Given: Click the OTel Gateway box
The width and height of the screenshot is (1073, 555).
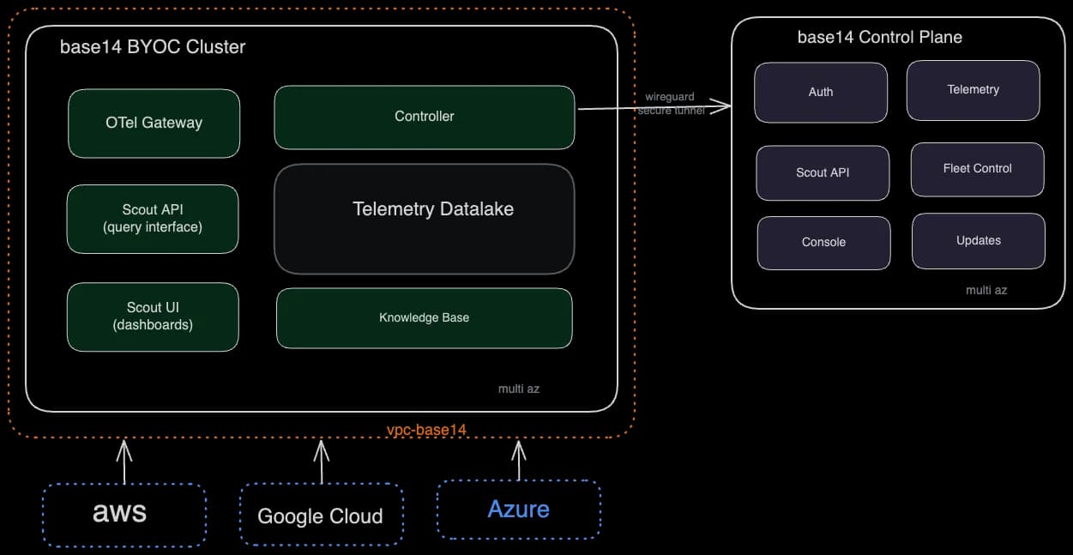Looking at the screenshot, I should (x=154, y=124).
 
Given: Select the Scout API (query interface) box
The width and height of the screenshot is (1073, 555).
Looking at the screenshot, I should (x=153, y=219).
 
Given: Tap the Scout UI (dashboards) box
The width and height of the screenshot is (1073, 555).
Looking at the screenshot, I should (x=153, y=317).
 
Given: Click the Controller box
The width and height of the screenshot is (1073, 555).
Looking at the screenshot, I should (x=424, y=117).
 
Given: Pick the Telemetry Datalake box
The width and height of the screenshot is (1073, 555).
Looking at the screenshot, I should (x=424, y=219).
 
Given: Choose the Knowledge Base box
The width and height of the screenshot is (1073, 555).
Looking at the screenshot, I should (x=424, y=317).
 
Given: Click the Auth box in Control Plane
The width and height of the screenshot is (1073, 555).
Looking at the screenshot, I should (x=821, y=92).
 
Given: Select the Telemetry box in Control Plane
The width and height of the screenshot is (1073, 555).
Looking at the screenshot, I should (x=973, y=90).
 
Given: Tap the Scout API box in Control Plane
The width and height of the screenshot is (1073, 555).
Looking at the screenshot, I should (x=823, y=172).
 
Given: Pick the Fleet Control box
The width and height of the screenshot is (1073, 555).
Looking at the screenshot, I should (x=977, y=169).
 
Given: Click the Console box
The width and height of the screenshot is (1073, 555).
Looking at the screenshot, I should (x=823, y=243).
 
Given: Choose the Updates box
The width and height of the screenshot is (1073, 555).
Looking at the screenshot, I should (x=978, y=241).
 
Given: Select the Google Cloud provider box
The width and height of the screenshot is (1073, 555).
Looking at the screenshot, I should (x=321, y=515).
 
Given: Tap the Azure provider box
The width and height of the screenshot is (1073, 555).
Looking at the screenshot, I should (x=518, y=510).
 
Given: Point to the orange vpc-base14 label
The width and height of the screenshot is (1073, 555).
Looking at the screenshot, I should (x=426, y=429).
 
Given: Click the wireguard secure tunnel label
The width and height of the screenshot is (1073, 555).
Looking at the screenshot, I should (x=670, y=104).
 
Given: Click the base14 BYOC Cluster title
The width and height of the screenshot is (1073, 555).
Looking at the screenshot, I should (x=153, y=47).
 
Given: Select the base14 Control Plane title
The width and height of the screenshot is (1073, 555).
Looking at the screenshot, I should (x=879, y=38).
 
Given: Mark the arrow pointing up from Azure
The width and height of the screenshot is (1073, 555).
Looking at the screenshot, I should (x=518, y=461).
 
